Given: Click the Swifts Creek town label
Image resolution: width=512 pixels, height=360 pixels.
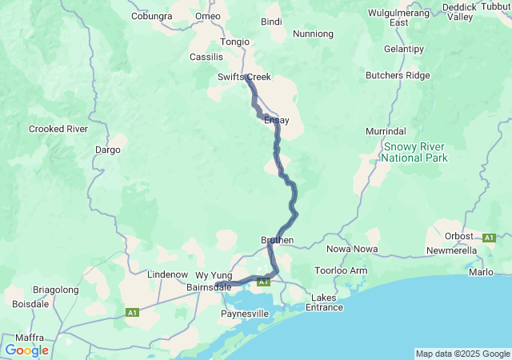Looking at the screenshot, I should coord(244,77).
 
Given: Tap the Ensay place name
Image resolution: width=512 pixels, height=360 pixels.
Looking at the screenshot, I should coord(276,120).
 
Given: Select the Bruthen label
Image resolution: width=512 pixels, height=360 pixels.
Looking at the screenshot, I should coord(278,240).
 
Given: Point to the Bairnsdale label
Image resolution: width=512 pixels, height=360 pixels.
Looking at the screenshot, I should coord(209,286).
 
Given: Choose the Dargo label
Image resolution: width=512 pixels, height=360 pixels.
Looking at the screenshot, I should coord(106,149).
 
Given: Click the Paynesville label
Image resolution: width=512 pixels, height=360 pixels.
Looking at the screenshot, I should coord(246,314).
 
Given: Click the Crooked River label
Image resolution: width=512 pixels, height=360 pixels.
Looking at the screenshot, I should coord(58,128).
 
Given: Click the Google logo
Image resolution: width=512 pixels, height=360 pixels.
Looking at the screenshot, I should coord(26,350).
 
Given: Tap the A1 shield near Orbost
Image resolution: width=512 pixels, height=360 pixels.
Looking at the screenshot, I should coord(489,238).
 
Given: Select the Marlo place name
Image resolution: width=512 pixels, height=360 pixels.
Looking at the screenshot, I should coord(481,271).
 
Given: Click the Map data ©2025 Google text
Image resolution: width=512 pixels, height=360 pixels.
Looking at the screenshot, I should coord(462,354).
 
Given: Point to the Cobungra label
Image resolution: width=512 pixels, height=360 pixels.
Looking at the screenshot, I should coord(152,16).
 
